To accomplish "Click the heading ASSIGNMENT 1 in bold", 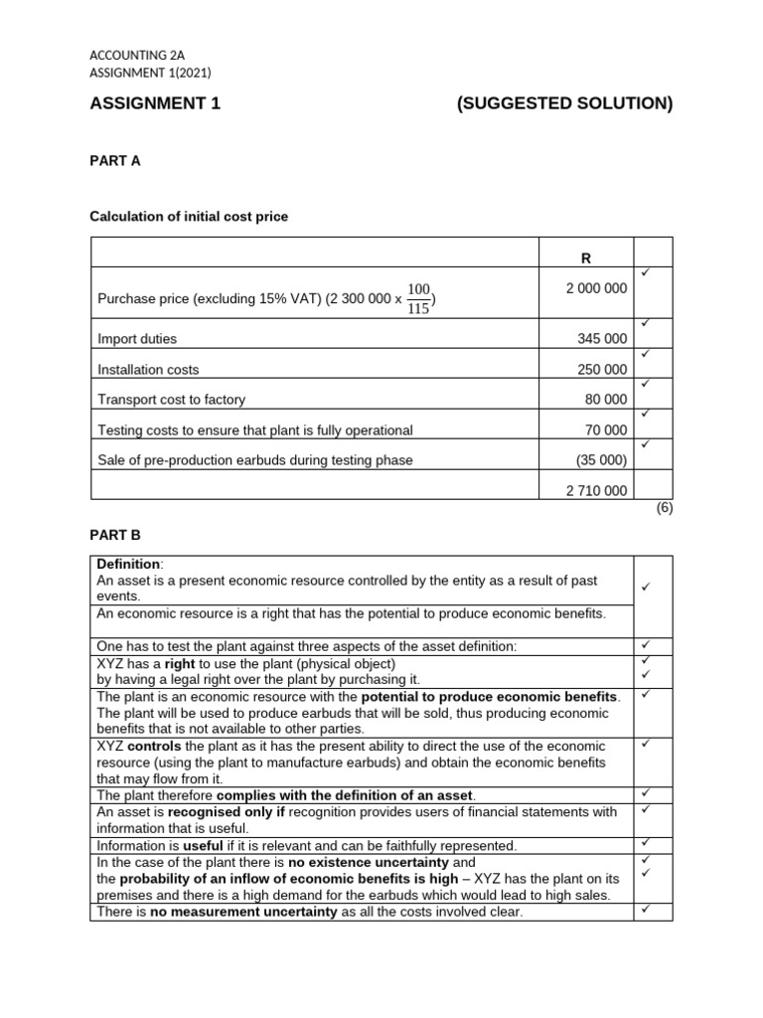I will point(155,104).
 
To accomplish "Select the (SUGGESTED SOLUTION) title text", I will point(564,104).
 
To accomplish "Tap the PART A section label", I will point(115,161).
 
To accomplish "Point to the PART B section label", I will point(115,535).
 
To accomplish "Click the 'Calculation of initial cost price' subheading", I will point(189,217).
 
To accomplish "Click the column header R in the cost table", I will point(585,258).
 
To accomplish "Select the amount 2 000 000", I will point(596,288).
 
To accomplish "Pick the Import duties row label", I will point(137,339).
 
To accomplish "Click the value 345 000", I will point(602,339).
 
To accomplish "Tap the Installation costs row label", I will point(148,370).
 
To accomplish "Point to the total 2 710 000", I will point(596,490).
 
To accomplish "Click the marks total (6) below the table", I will point(665,508).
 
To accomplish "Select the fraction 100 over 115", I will point(419,298).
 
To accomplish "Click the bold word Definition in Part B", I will point(128,564).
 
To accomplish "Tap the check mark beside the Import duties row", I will point(645,322).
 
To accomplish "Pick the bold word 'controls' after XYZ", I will point(155,745).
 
